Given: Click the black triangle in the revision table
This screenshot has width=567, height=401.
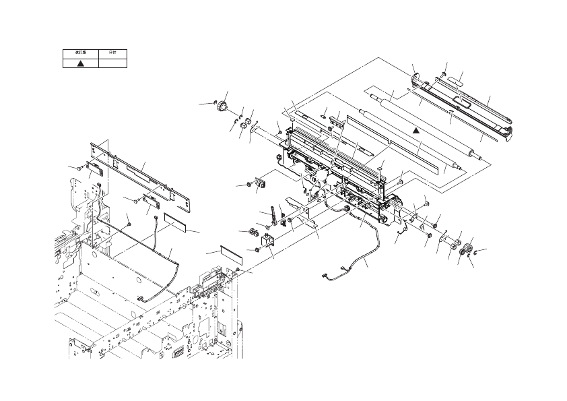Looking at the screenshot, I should coord(80,62).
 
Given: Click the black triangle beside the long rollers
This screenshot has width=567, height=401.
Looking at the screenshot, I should coord(417,128).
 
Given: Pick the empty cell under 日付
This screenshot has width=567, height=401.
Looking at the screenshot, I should coord(112,62).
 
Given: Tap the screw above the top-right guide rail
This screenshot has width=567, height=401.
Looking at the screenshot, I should coord(444,73).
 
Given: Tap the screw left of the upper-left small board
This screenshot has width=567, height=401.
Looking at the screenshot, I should coord(81,166).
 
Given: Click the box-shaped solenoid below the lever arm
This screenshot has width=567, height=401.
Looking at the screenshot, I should coord(267,243).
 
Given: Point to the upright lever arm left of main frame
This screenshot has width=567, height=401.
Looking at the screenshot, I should coord(274,214).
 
